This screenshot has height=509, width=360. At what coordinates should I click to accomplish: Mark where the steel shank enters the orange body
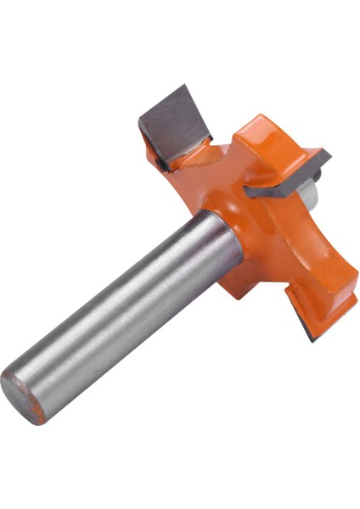click(x=222, y=246)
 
